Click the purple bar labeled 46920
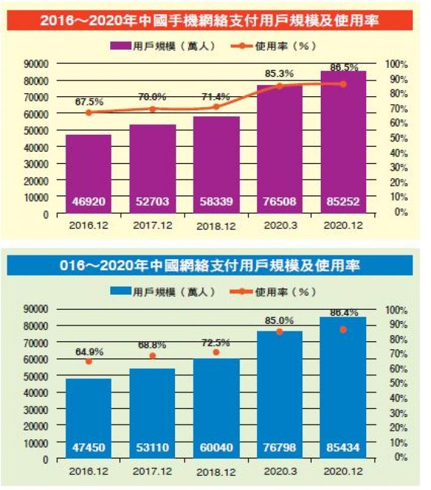tap(89, 174)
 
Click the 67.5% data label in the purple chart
tap(89, 101)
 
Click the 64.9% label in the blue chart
tap(89, 352)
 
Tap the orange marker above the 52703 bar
tap(152, 109)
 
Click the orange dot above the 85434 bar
tap(343, 330)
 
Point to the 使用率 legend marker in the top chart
tap(243, 46)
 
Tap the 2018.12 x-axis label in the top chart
tap(217, 226)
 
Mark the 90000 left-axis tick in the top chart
tap(36, 63)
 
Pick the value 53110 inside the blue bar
tap(152, 448)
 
